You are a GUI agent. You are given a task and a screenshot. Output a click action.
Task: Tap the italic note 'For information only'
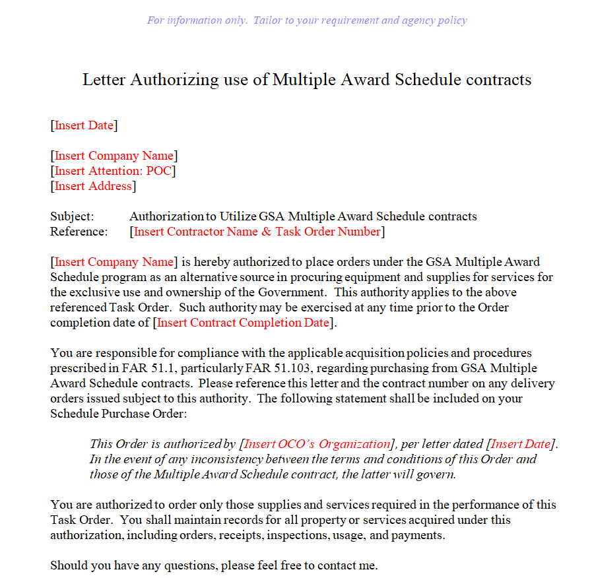coord(189,20)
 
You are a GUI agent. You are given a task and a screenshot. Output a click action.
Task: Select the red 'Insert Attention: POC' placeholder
coord(113,171)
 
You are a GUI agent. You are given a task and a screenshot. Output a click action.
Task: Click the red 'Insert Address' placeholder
coord(93,186)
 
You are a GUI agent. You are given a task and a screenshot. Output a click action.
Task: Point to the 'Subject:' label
coord(72,216)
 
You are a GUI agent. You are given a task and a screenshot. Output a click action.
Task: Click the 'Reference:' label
coord(78,232)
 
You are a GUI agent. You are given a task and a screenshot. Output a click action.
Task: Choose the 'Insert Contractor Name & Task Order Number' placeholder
coord(257,232)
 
